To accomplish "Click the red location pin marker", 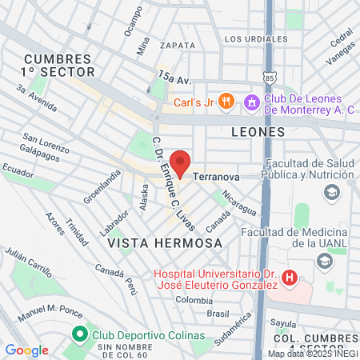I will [181, 164].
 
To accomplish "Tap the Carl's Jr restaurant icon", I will [226, 101].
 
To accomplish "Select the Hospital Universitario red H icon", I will [290, 279].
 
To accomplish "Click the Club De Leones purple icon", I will [250, 101].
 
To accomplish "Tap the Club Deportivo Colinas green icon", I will [78, 334].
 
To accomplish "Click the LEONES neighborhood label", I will [258, 131].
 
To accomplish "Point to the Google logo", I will [26, 350].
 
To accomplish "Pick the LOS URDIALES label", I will [255, 38].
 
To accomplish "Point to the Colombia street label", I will [194, 300].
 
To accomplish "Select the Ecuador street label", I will [18, 170].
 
